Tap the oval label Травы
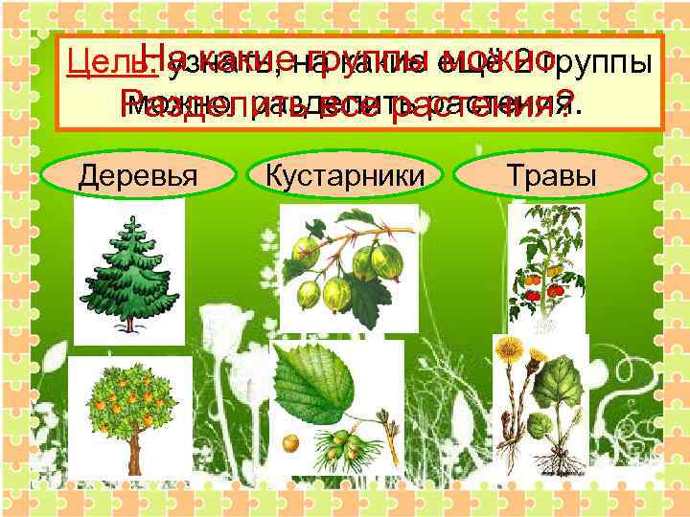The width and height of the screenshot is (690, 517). coord(553,176)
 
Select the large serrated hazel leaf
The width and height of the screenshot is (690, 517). coord(315,384)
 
